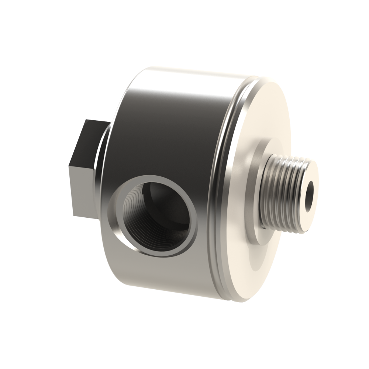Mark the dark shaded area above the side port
tap(155, 140)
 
